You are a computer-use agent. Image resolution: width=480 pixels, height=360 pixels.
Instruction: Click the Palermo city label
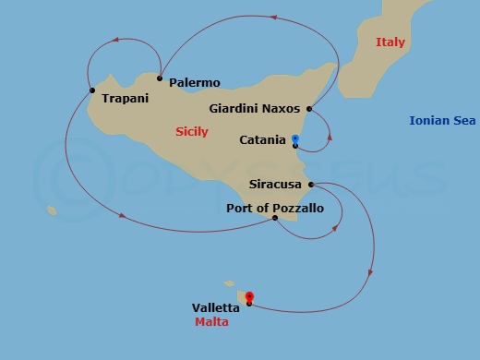195,82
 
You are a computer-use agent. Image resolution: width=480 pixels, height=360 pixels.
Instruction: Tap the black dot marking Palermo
160,78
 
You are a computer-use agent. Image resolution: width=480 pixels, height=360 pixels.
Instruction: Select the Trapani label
126,98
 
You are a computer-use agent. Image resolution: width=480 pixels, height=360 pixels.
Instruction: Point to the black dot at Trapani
92,90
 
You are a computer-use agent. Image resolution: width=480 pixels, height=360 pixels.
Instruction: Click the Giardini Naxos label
255,108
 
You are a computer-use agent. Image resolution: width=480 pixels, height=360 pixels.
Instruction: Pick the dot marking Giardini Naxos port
309,109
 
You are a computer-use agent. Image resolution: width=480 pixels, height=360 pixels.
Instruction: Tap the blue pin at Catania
294,139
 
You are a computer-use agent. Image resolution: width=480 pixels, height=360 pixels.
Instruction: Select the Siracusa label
276,184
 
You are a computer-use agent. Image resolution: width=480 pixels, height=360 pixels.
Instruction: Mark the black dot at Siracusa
311,184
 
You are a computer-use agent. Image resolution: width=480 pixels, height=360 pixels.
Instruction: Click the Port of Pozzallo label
275,209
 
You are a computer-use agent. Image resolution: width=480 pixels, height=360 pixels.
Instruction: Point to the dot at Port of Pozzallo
275,218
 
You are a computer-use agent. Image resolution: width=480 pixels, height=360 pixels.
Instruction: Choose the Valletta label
216,307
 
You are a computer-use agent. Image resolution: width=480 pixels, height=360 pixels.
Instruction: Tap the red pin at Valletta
249,297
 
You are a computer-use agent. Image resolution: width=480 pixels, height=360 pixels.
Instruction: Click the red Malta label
211,322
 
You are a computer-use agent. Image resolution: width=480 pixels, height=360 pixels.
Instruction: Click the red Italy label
390,42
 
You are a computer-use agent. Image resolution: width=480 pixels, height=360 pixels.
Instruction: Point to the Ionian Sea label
441,121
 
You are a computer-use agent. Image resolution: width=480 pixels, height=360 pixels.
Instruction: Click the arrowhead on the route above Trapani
117,40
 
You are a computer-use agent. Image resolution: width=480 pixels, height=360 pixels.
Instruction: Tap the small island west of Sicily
52,211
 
